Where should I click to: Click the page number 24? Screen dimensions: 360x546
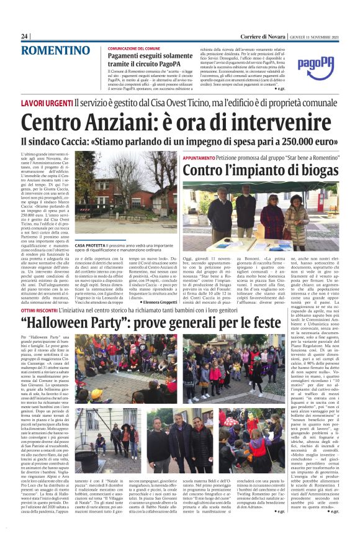25,36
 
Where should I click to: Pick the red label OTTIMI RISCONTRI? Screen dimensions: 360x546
47,308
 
